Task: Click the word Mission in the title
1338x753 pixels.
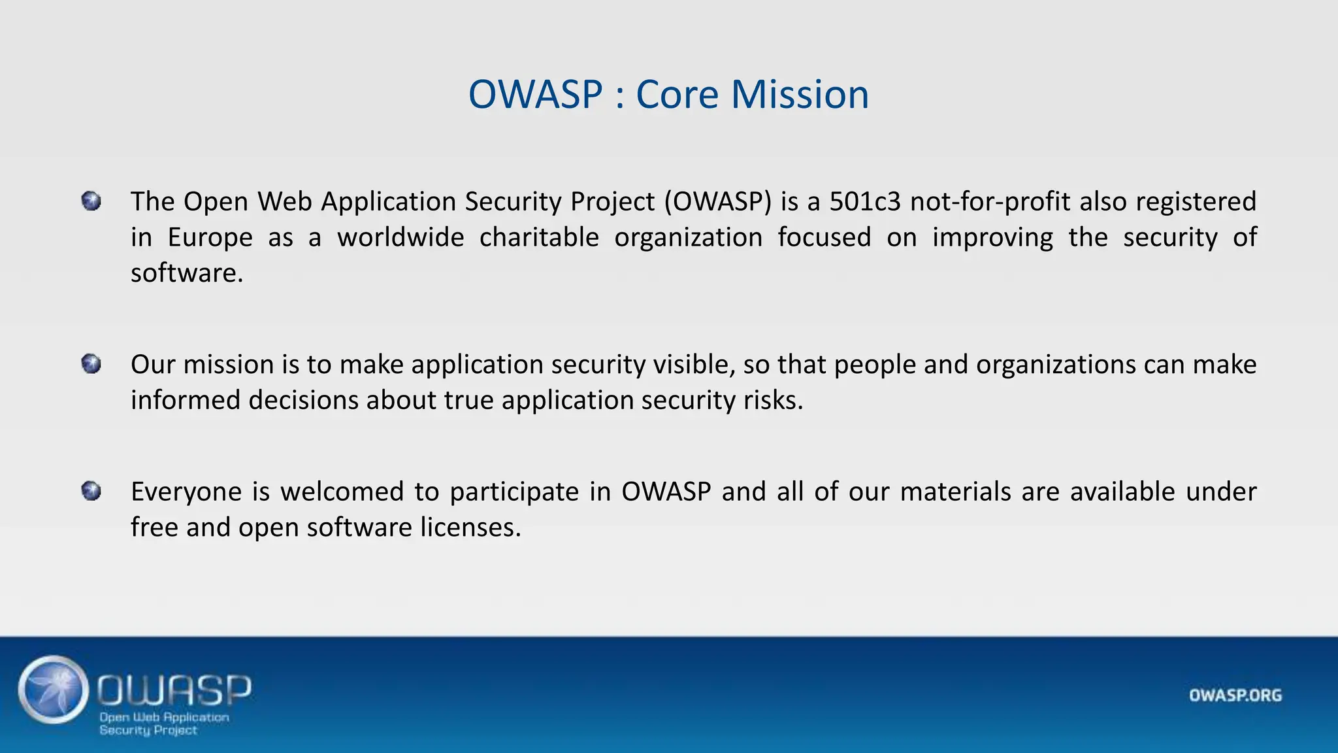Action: pyautogui.click(x=800, y=94)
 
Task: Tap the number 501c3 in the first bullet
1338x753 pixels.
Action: pyautogui.click(x=865, y=201)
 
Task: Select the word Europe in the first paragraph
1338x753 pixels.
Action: pyautogui.click(x=210, y=237)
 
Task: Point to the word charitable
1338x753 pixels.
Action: pyautogui.click(x=539, y=237)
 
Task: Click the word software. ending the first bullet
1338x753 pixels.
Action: pyautogui.click(x=187, y=273)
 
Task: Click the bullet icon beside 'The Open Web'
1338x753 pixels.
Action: pyautogui.click(x=91, y=201)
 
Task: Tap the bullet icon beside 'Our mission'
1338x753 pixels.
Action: pyautogui.click(x=91, y=363)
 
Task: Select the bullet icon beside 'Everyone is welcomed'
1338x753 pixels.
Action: pyautogui.click(x=91, y=490)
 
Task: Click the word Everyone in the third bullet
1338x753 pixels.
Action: pyautogui.click(x=186, y=492)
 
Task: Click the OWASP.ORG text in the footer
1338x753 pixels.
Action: pyautogui.click(x=1235, y=695)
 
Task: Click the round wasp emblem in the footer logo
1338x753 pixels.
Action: pyautogui.click(x=54, y=690)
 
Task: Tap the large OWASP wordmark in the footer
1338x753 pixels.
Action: pyautogui.click(x=174, y=690)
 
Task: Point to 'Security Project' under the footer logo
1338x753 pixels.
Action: pyautogui.click(x=148, y=730)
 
